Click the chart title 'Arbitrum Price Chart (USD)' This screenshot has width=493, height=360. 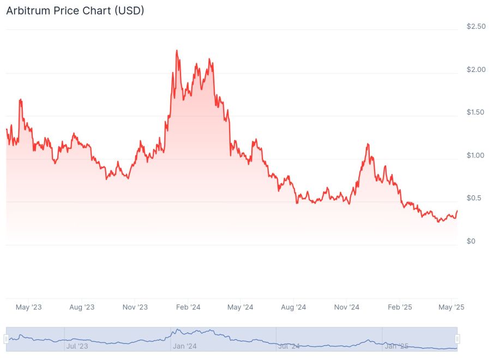point(75,10)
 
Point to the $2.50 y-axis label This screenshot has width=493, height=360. point(476,27)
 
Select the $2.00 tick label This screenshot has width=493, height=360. point(476,70)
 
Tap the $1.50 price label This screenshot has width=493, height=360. point(476,112)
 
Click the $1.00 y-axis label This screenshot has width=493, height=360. point(476,155)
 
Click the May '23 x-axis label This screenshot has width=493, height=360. point(29,307)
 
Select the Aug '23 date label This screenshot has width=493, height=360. point(81,307)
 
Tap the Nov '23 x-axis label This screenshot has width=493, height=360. point(135,307)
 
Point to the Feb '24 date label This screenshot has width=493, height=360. point(188,307)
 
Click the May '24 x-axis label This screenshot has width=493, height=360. point(241,307)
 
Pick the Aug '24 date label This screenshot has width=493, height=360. point(294,307)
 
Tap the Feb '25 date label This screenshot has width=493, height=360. point(400,307)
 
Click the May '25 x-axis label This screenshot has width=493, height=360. point(452,307)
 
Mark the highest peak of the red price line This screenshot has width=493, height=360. point(177,50)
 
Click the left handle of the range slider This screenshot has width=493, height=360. point(7,339)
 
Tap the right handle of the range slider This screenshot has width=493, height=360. point(458,339)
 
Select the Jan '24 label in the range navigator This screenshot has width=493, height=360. point(185,346)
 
